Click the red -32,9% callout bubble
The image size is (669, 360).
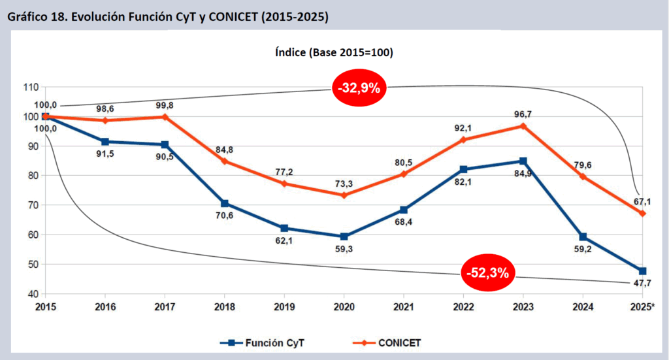click(359, 88)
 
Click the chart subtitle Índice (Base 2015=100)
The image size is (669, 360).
click(334, 52)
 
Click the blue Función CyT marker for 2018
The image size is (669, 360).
click(225, 203)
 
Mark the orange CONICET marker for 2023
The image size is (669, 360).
click(523, 125)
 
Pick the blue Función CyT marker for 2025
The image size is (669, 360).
click(642, 271)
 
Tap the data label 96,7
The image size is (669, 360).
click(523, 114)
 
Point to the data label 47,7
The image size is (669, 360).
click(643, 282)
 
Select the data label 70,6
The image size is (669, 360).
click(225, 216)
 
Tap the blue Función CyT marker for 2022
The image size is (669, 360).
click(463, 169)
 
